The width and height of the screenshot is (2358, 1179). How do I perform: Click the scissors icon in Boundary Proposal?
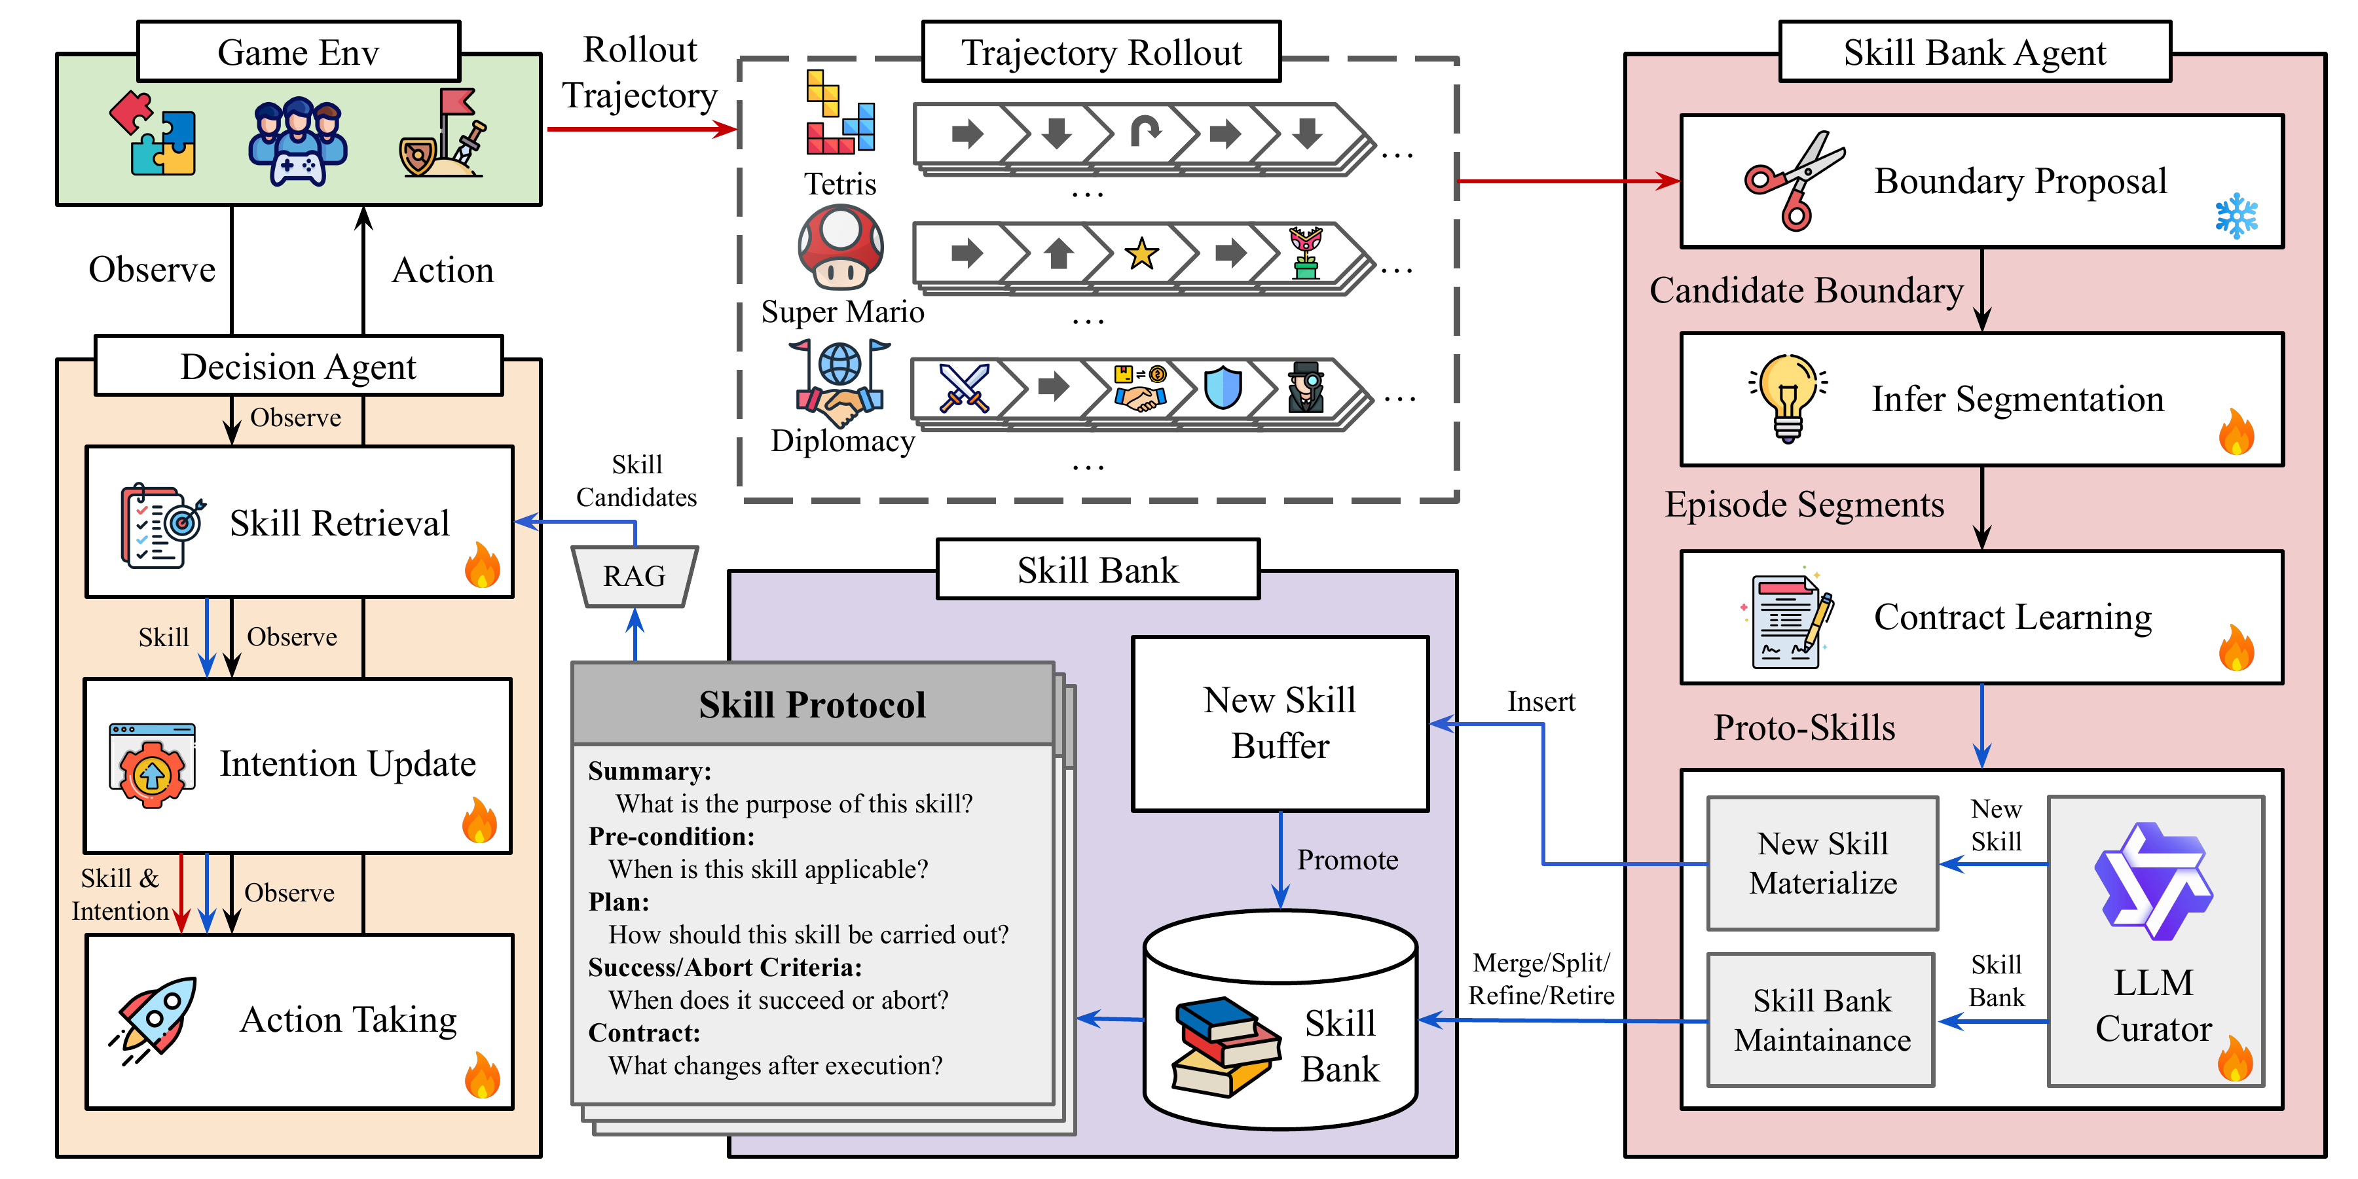[1792, 180]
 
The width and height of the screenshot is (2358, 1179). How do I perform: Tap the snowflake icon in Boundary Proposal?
[2236, 216]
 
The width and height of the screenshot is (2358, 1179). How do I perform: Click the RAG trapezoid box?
[635, 576]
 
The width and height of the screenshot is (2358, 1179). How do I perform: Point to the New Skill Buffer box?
[1280, 723]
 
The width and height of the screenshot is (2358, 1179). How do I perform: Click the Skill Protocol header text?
[812, 705]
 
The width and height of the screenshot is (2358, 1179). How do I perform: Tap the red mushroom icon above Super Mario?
[840, 247]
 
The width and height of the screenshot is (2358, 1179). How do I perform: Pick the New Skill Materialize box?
[1822, 863]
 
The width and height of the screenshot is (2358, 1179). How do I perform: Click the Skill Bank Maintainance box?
[1822, 1020]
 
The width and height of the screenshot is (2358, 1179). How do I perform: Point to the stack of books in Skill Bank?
[1225, 1046]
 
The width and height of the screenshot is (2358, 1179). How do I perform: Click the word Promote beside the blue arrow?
[1348, 860]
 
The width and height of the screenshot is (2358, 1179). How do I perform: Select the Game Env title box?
[299, 52]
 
